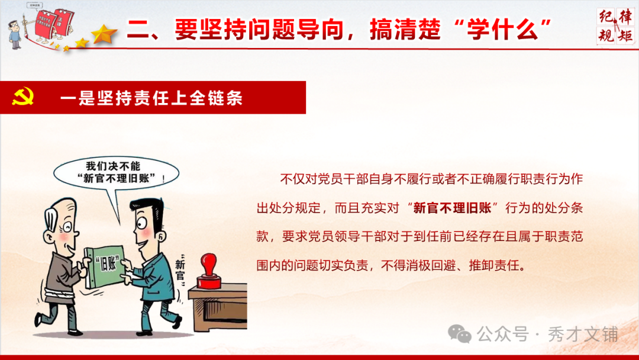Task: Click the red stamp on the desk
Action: coord(208,272)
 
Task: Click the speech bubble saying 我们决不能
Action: coord(113,172)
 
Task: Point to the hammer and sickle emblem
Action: coord(23,97)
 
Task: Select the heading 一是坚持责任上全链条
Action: coord(151,98)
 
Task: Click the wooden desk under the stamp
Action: coord(217,308)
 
